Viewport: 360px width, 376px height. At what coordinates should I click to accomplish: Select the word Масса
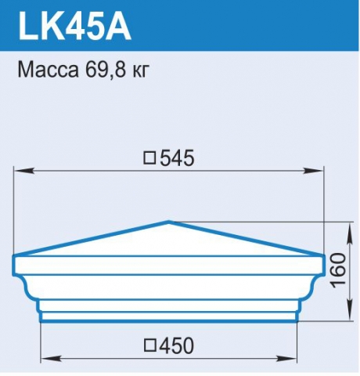coord(49,70)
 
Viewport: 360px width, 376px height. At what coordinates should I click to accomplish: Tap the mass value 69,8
coord(106,70)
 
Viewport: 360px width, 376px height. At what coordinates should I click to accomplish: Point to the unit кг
coord(141,71)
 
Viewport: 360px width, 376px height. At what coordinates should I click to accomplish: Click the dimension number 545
coord(177,158)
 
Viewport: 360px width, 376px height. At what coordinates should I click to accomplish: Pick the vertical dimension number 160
coord(338,270)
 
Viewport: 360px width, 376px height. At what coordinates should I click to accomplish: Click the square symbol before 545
coord(149,158)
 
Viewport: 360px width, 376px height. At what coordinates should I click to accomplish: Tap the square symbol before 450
coord(149,345)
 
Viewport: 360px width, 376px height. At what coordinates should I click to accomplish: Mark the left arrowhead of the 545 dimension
coord(24,171)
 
